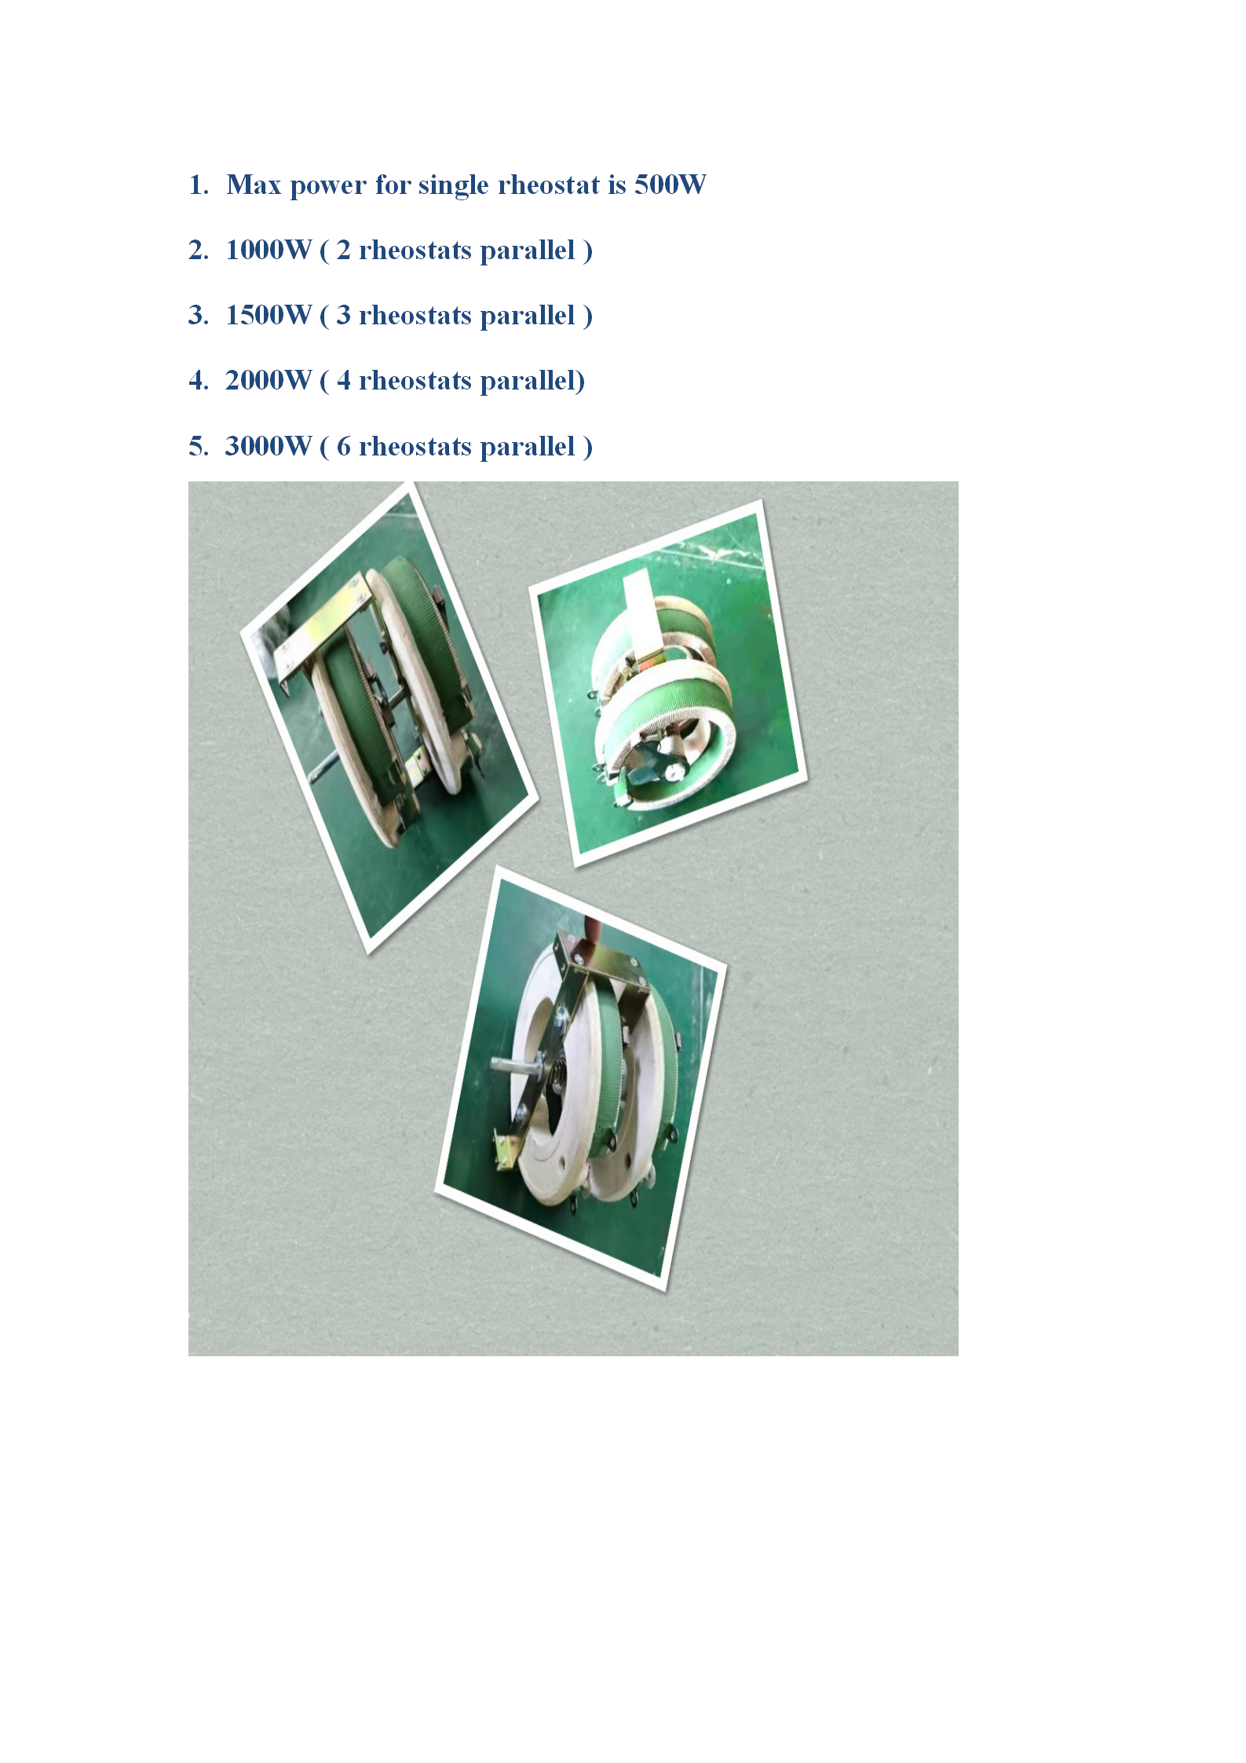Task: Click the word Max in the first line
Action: pyautogui.click(x=254, y=185)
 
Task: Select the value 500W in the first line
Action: pyautogui.click(x=670, y=185)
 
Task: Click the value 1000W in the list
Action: pyautogui.click(x=269, y=250)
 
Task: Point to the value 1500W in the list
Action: pyautogui.click(x=269, y=315)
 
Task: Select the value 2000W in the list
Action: pyautogui.click(x=269, y=380)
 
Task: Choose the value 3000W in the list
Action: pyautogui.click(x=269, y=446)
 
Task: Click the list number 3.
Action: pyautogui.click(x=198, y=315)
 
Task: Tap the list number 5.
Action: pyautogui.click(x=198, y=446)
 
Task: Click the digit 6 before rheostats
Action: pyautogui.click(x=343, y=446)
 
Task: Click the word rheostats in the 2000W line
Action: pyautogui.click(x=415, y=381)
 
